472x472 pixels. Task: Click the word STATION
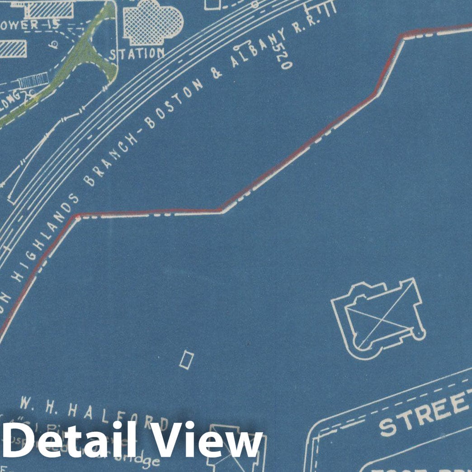(x=137, y=54)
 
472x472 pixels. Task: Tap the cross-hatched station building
(x=153, y=23)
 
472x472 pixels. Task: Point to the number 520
(x=283, y=58)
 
